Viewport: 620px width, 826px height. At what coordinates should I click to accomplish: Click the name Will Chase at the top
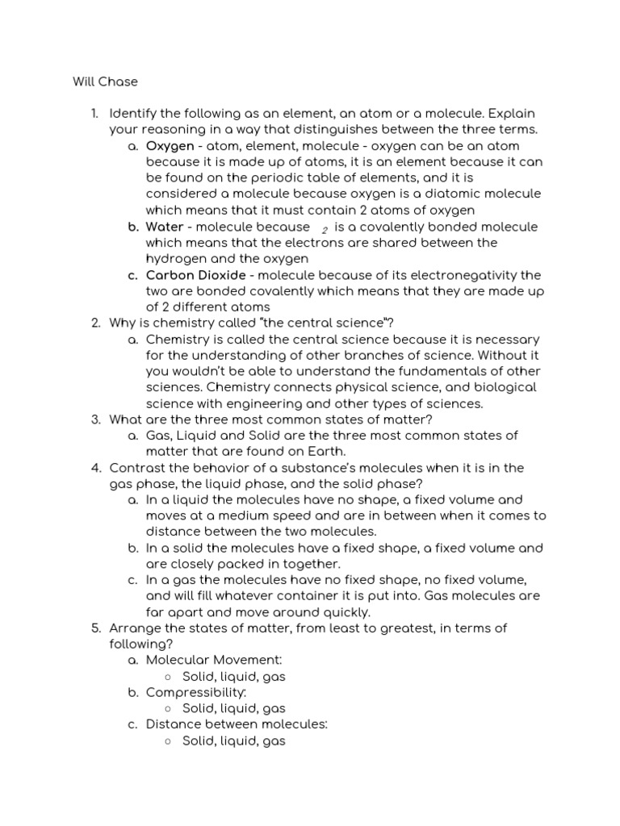(106, 81)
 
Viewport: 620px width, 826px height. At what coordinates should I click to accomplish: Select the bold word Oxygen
(170, 146)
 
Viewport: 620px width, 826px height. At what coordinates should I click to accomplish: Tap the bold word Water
(165, 227)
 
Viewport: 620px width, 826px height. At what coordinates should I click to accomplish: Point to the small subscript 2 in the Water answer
(325, 230)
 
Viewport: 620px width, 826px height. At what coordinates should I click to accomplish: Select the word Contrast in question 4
(136, 467)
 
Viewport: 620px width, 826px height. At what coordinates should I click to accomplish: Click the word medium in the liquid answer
(240, 515)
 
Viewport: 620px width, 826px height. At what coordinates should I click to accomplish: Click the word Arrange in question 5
(135, 628)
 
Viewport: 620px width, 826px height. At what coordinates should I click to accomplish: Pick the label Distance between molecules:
(237, 724)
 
